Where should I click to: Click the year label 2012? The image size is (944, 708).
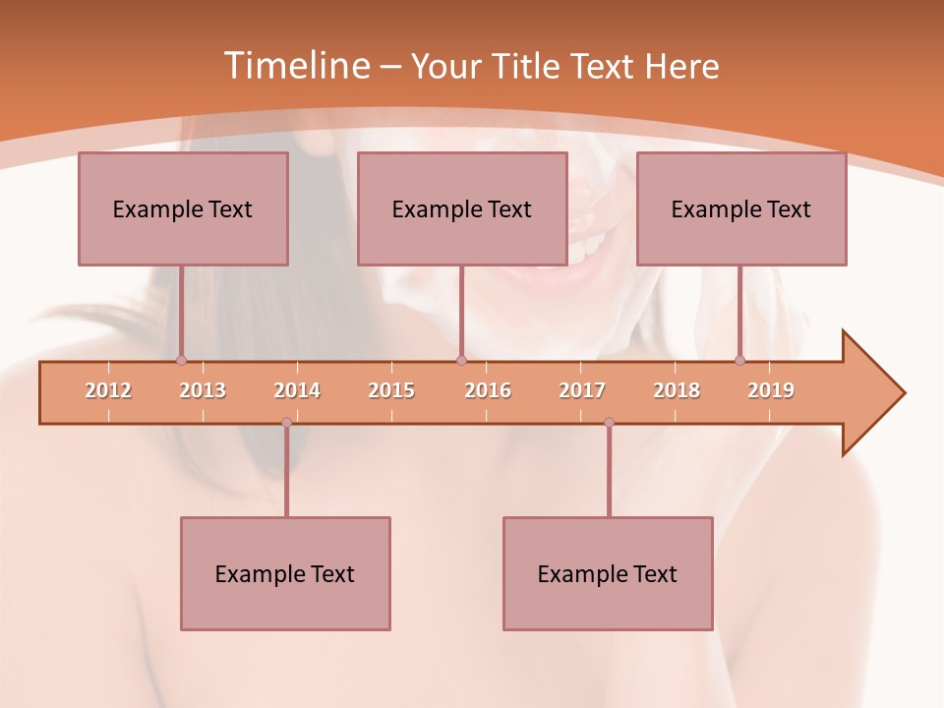coord(108,391)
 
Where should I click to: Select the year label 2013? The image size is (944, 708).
coord(203,391)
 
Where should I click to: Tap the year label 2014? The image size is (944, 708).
coord(297,391)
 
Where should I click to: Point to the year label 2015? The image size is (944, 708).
coord(391,391)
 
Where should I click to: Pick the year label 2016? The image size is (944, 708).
coord(488,391)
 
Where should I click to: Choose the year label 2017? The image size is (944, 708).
coord(582,391)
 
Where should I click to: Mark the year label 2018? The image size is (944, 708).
coord(677,391)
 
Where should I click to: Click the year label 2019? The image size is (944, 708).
coord(771,391)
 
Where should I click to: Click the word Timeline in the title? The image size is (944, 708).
coord(296,66)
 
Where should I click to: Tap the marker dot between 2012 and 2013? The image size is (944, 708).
coord(181,361)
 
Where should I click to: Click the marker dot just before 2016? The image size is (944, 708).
coord(461,361)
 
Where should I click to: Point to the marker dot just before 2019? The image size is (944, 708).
coord(740,361)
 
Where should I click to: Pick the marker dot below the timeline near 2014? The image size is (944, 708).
coord(286,423)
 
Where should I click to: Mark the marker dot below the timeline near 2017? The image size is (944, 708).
coord(609,423)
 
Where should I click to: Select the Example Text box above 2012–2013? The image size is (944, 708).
coord(183,208)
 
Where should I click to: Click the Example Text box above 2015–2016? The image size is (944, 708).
coord(462,208)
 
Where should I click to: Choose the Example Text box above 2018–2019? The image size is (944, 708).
coord(741,208)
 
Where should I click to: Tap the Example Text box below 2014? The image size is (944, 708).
coord(285,573)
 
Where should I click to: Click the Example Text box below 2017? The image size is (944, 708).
coord(608,573)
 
